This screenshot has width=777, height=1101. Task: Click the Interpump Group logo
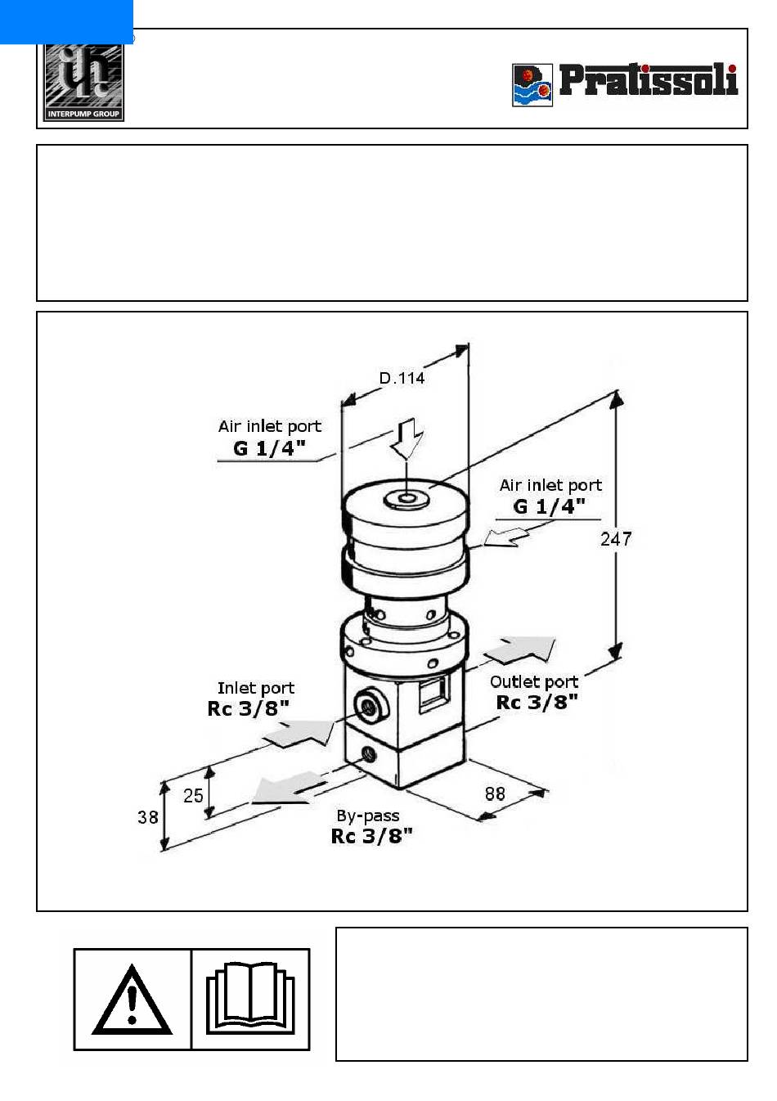tap(83, 82)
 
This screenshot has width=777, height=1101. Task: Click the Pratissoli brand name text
tap(649, 79)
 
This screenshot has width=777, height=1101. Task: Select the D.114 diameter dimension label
tap(402, 378)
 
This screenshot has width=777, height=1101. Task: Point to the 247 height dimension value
tap(615, 539)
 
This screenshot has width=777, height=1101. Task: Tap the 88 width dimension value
tap(495, 793)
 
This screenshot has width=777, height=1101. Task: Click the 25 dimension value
tap(193, 796)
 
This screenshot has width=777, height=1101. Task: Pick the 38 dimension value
tap(147, 817)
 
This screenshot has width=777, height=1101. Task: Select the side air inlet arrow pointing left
tap(506, 537)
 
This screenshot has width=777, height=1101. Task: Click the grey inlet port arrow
tap(300, 733)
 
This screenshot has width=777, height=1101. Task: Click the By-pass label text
tap(367, 816)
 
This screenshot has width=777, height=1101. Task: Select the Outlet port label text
tap(534, 682)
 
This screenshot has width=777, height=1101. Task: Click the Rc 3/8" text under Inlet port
tap(248, 708)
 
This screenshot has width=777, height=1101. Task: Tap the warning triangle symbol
tap(132, 1000)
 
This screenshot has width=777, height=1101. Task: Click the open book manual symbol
tap(250, 999)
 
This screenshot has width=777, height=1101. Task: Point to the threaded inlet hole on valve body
tap(367, 708)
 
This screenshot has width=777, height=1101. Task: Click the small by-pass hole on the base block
tap(368, 753)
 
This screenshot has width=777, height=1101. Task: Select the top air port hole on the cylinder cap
tap(406, 500)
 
